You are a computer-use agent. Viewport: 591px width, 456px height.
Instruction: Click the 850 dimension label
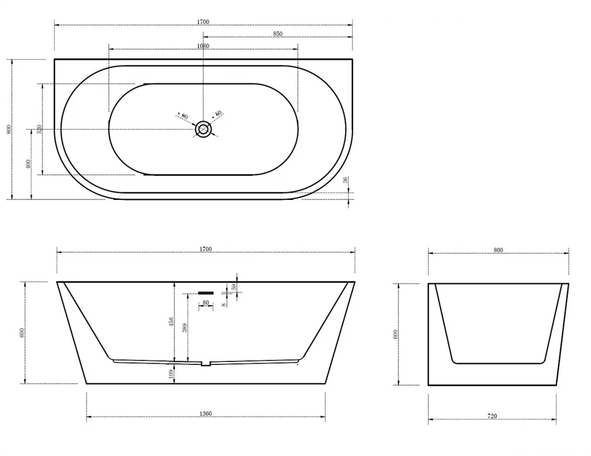click(x=277, y=34)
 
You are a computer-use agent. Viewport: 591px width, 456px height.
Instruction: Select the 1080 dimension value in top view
click(x=203, y=46)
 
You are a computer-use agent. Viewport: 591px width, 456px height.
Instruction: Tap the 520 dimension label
click(x=39, y=130)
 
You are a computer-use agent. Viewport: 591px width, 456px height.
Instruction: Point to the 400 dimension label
click(x=28, y=164)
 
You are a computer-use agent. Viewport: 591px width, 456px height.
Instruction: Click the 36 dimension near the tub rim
click(x=346, y=180)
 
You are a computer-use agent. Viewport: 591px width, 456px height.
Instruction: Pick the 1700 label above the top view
click(x=203, y=22)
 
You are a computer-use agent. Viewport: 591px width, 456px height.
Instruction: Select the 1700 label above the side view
click(x=206, y=250)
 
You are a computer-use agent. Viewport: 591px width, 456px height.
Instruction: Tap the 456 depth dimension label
click(x=171, y=322)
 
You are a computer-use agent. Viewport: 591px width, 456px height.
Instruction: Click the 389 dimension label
click(x=184, y=328)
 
